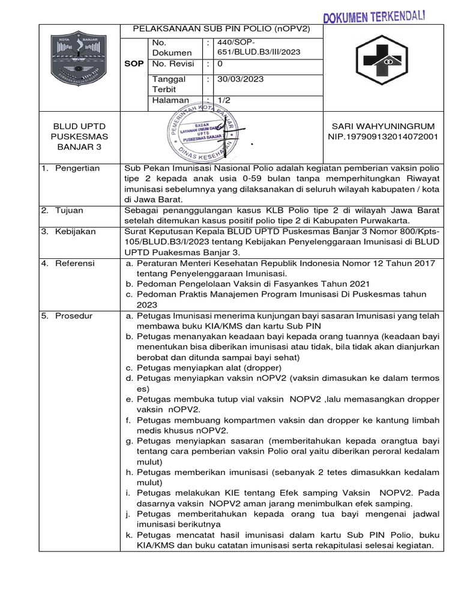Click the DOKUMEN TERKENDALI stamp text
tap(375, 16)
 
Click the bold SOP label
tap(133, 64)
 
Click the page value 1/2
tap(223, 100)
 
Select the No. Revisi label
tap(175, 64)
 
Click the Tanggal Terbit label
tap(169, 84)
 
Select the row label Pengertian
tap(77, 168)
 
